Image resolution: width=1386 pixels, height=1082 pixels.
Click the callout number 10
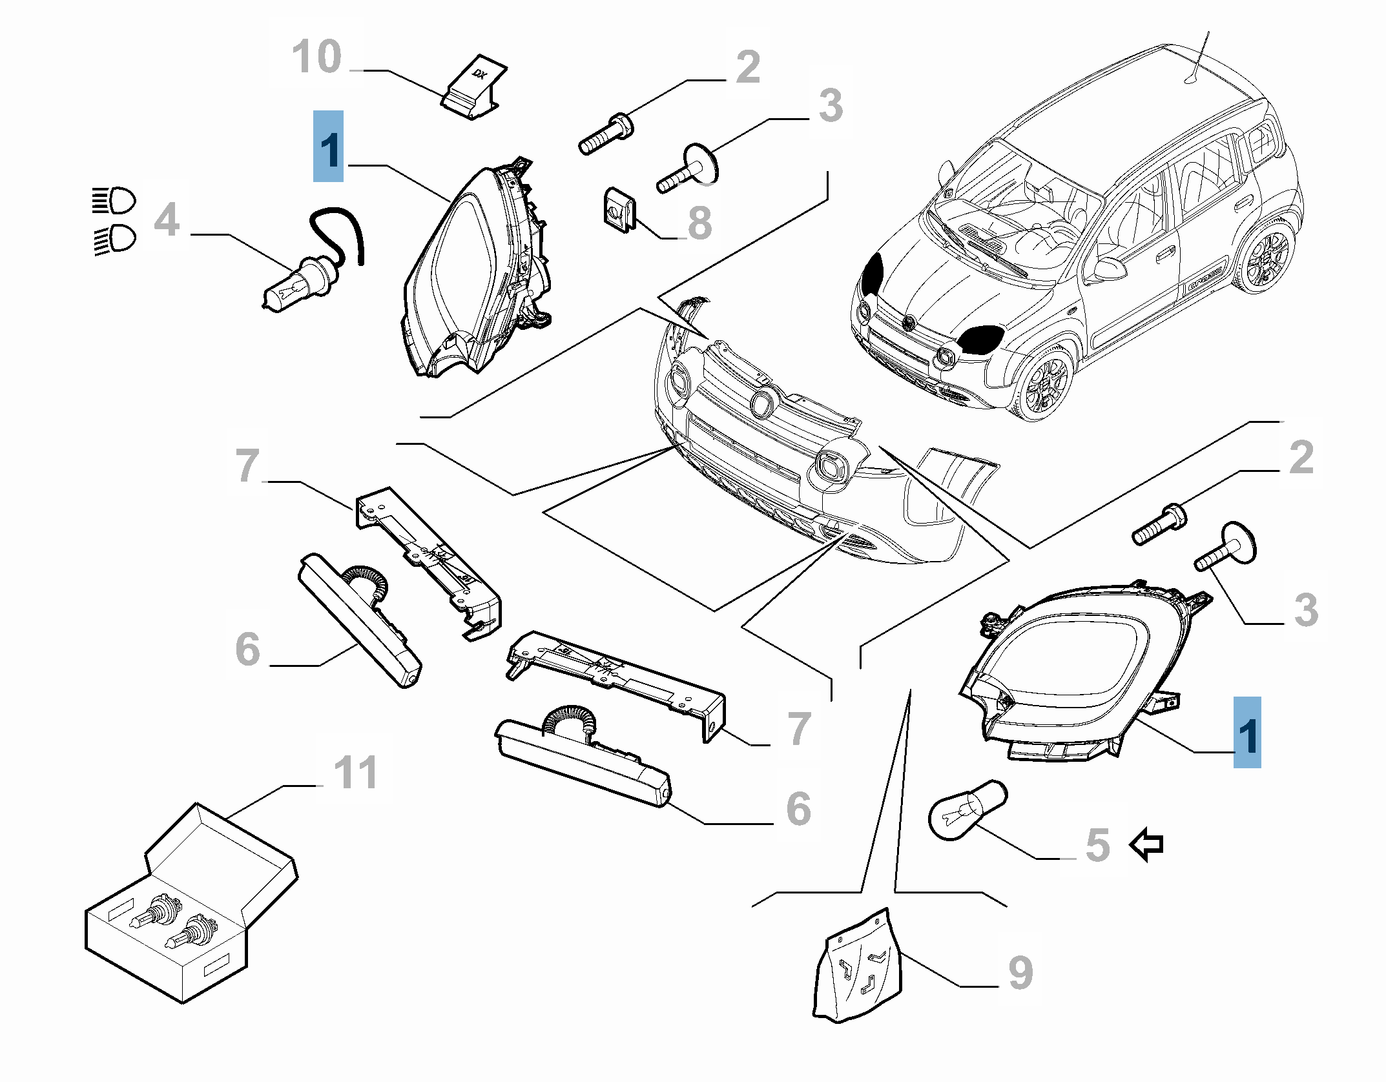click(x=316, y=57)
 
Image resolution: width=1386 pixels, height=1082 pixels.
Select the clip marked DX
click(x=475, y=88)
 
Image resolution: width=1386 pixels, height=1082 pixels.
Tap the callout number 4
click(x=167, y=219)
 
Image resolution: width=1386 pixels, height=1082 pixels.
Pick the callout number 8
click(x=699, y=223)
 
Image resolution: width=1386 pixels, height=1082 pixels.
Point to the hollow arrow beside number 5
click(x=1146, y=844)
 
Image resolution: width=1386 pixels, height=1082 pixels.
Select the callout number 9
click(x=1020, y=973)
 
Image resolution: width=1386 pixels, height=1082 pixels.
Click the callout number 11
click(x=356, y=772)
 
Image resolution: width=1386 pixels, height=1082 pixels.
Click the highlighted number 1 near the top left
click(x=328, y=147)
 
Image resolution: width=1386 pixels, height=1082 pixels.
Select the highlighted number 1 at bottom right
click(x=1246, y=733)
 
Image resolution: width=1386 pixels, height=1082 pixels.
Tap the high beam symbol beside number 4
click(x=114, y=201)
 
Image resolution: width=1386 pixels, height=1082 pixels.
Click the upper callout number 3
click(x=831, y=106)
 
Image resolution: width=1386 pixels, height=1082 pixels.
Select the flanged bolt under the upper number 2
click(x=606, y=134)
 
